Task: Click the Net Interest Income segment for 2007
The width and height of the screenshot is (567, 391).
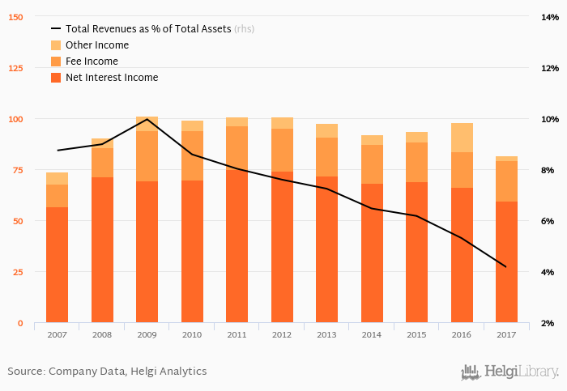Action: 57,265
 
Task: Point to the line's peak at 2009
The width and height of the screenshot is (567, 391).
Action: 147,119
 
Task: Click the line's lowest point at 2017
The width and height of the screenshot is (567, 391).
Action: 506,267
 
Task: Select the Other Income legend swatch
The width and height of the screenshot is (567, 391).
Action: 56,45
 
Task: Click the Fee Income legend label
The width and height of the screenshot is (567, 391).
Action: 92,62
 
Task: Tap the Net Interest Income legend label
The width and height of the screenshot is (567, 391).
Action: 112,78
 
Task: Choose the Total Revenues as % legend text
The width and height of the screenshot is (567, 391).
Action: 148,29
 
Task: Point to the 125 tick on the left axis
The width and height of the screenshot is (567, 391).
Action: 15,68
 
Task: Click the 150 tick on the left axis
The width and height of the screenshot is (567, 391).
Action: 15,17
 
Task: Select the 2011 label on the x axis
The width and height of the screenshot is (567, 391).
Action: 237,334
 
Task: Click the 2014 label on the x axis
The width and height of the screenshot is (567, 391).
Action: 372,334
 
